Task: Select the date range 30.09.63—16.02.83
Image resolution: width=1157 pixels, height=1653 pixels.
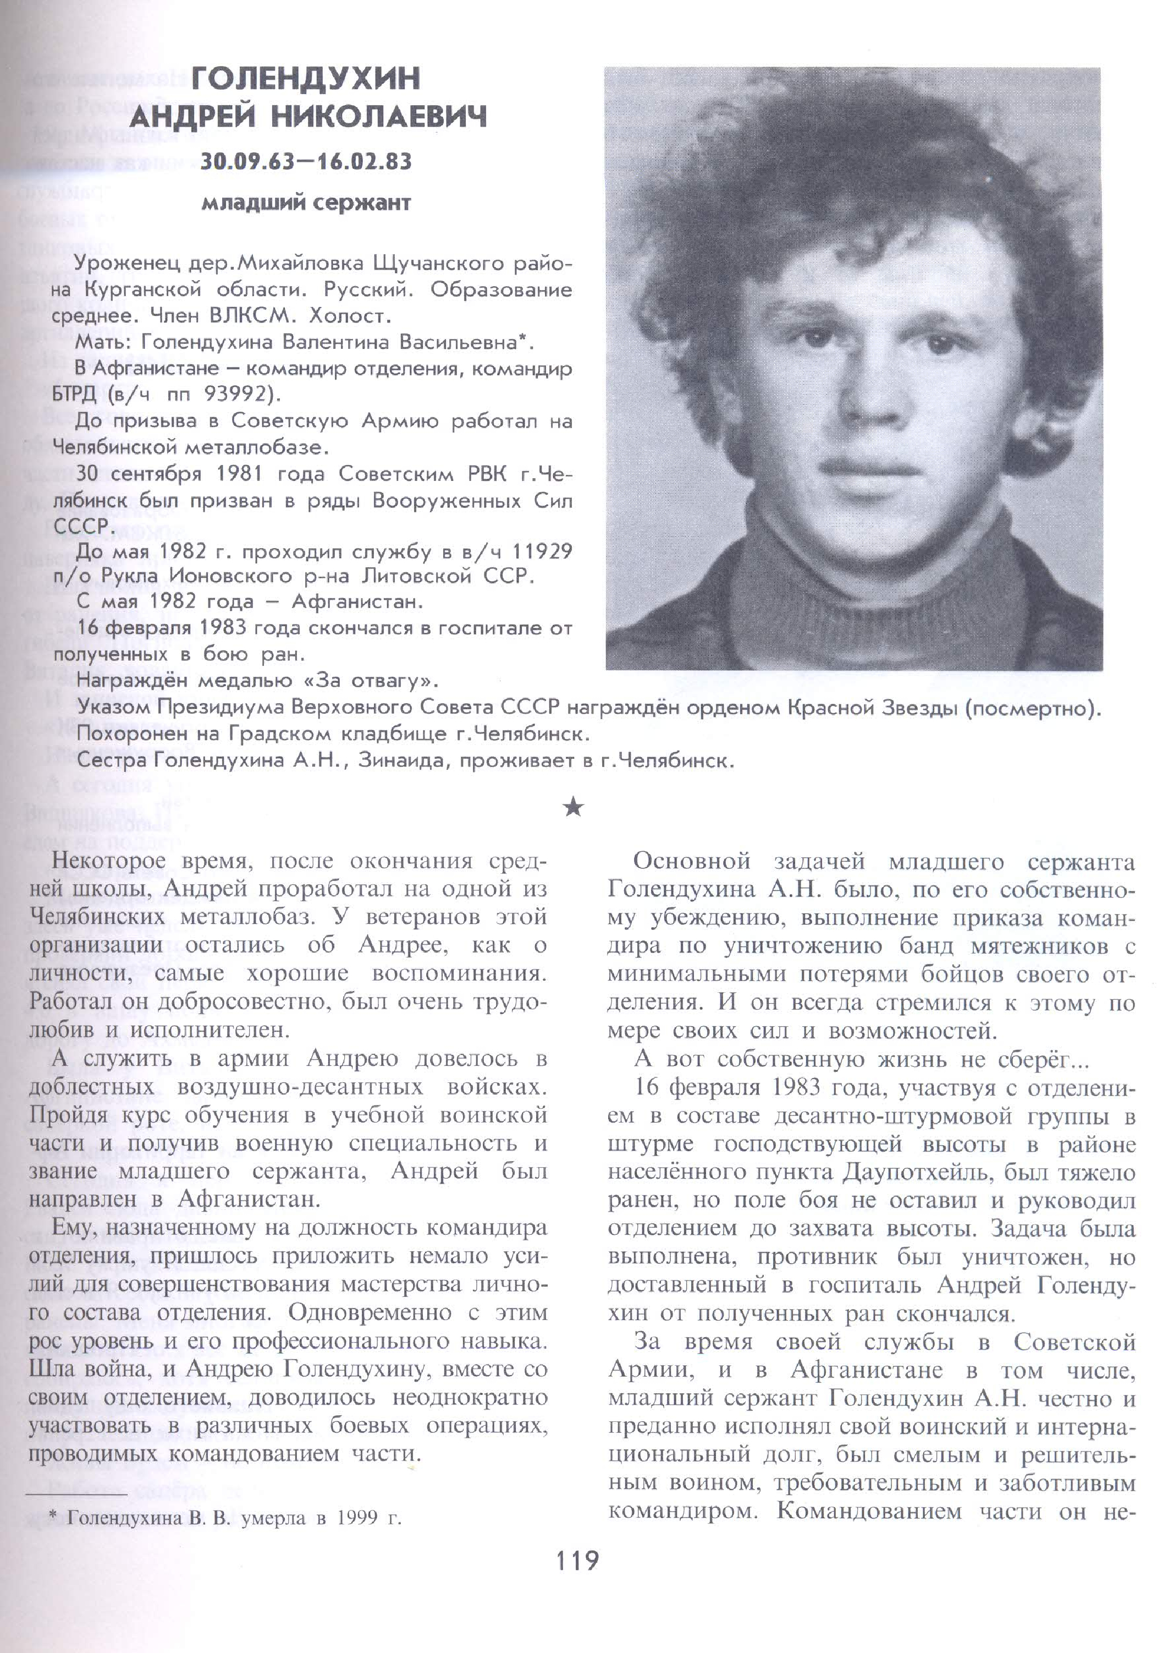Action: (306, 161)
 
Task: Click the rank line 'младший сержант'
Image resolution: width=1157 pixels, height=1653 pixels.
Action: (306, 203)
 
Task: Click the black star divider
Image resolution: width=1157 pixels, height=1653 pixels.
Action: (574, 808)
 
